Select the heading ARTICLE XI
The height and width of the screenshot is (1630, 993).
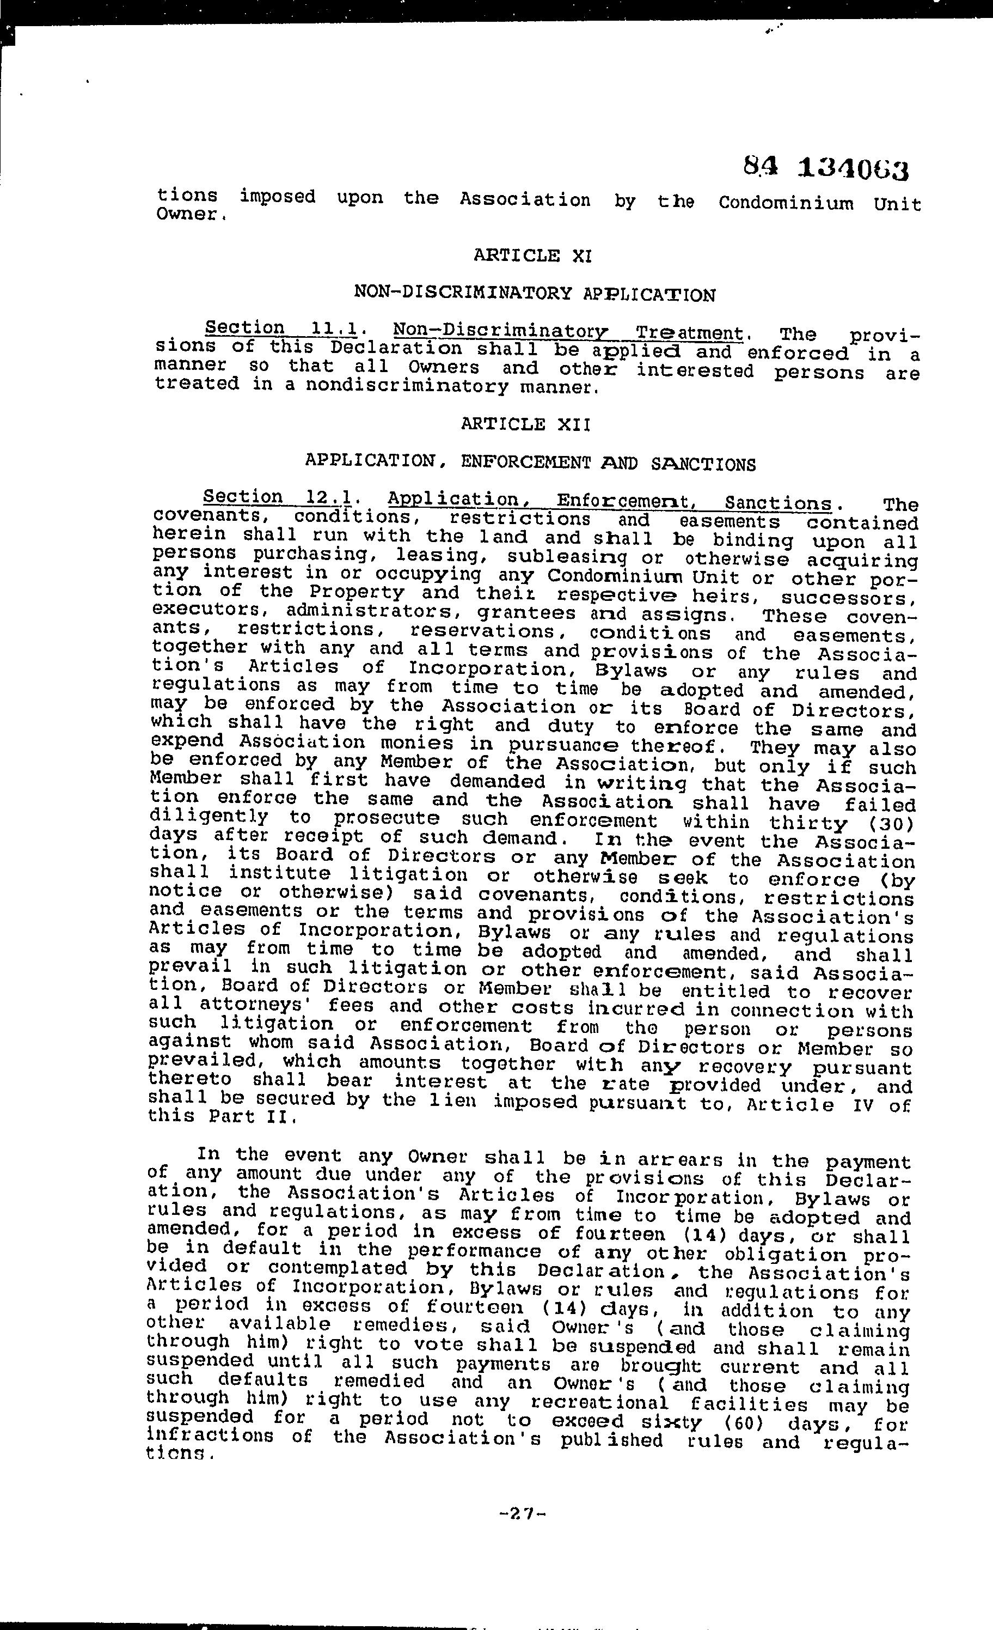tap(532, 256)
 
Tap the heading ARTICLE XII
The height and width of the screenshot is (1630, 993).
tap(525, 424)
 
